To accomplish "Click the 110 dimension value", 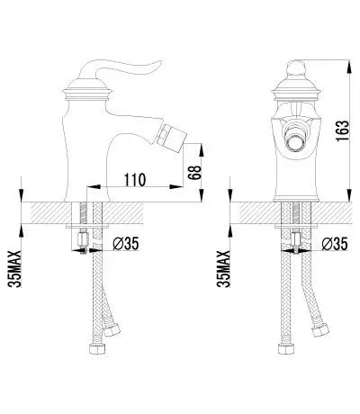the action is [135, 180].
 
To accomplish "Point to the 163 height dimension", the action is [342, 130].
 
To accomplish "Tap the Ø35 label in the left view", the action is [126, 243].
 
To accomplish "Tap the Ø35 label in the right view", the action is [335, 243].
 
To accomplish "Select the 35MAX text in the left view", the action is [15, 269].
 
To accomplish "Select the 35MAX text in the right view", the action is [223, 269].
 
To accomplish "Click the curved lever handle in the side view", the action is [120, 68].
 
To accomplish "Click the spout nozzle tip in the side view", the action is [172, 136].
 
